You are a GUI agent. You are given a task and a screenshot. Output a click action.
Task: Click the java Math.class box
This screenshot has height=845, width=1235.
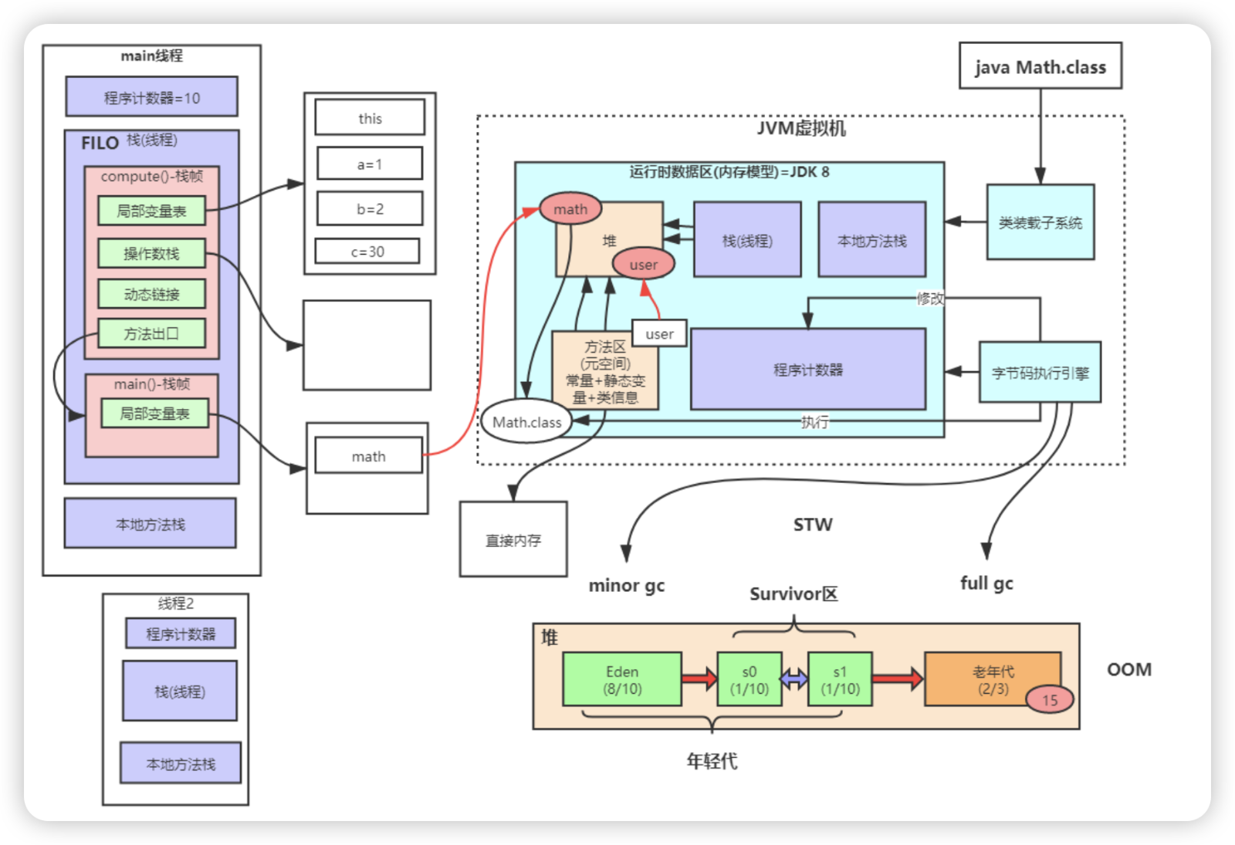pos(1040,66)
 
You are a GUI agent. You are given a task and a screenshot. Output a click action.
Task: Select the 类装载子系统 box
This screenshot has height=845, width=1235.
pos(1040,222)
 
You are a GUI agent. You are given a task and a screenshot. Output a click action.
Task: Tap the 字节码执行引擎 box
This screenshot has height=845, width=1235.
pos(1040,373)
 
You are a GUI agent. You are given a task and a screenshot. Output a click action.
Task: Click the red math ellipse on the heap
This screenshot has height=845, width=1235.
pos(570,209)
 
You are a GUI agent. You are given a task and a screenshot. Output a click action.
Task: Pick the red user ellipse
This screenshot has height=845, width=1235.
pos(643,265)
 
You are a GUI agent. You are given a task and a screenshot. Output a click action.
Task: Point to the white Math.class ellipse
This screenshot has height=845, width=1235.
pos(527,422)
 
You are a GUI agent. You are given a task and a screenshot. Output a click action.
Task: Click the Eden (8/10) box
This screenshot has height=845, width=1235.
pos(622,680)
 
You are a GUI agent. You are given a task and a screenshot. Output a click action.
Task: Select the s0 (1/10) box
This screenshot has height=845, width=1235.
pos(749,680)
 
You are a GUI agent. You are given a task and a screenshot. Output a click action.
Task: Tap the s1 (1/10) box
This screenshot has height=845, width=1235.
pos(840,680)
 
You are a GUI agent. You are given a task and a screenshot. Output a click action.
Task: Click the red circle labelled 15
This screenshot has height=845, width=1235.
pos(1050,700)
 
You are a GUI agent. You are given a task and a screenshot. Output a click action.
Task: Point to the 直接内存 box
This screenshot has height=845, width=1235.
pos(513,539)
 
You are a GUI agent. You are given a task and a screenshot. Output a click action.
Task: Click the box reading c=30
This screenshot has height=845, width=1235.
pos(367,252)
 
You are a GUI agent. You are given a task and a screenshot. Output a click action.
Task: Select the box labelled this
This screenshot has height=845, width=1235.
pos(370,118)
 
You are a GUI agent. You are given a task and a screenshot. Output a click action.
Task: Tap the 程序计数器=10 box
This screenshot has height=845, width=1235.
pos(151,97)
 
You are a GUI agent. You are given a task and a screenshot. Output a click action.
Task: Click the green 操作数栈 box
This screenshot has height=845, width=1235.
pos(151,253)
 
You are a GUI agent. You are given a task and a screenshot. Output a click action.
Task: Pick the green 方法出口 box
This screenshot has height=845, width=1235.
pos(151,333)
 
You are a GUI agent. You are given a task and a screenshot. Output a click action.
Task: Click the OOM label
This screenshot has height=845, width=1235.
pos(1128,669)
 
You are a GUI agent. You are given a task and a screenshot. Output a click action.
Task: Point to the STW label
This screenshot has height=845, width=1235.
pos(813,525)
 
